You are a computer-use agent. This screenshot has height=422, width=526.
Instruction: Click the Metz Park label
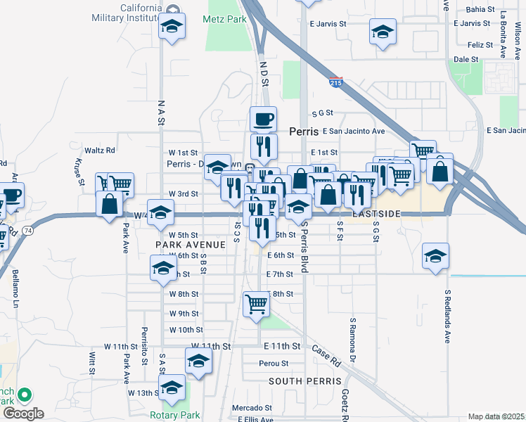click(x=226, y=20)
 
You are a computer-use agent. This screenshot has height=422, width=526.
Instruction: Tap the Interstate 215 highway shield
click(x=336, y=83)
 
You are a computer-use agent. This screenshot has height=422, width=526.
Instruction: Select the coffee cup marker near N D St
click(x=264, y=119)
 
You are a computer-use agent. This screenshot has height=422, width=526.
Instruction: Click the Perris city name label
click(x=304, y=132)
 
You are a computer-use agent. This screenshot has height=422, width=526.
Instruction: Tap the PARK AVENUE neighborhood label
click(x=191, y=245)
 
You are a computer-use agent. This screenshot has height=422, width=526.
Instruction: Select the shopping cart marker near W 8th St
click(x=256, y=305)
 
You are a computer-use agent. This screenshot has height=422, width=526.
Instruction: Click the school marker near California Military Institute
click(x=172, y=28)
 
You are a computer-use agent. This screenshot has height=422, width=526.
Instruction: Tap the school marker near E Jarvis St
click(x=383, y=33)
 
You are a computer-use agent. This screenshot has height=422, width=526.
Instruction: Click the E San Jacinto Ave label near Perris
click(x=354, y=131)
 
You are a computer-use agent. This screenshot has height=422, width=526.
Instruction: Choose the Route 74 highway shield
click(x=27, y=230)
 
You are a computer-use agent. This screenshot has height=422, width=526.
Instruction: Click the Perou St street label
click(x=274, y=364)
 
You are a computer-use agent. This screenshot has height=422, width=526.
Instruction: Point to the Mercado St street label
click(x=253, y=407)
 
